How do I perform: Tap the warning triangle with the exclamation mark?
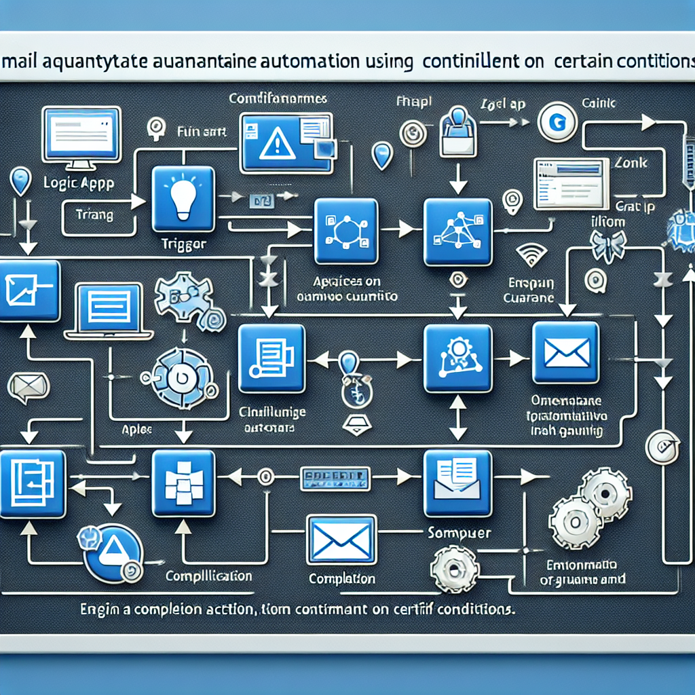click(x=275, y=143)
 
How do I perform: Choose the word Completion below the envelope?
click(x=341, y=579)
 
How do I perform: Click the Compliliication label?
click(x=209, y=577)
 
